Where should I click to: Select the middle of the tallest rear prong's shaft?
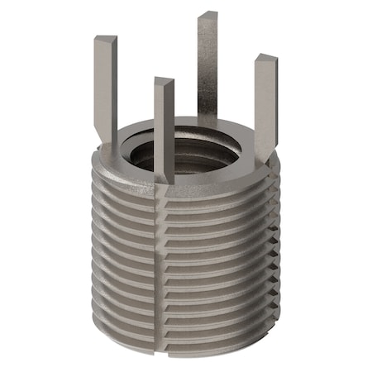tap(207, 66)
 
